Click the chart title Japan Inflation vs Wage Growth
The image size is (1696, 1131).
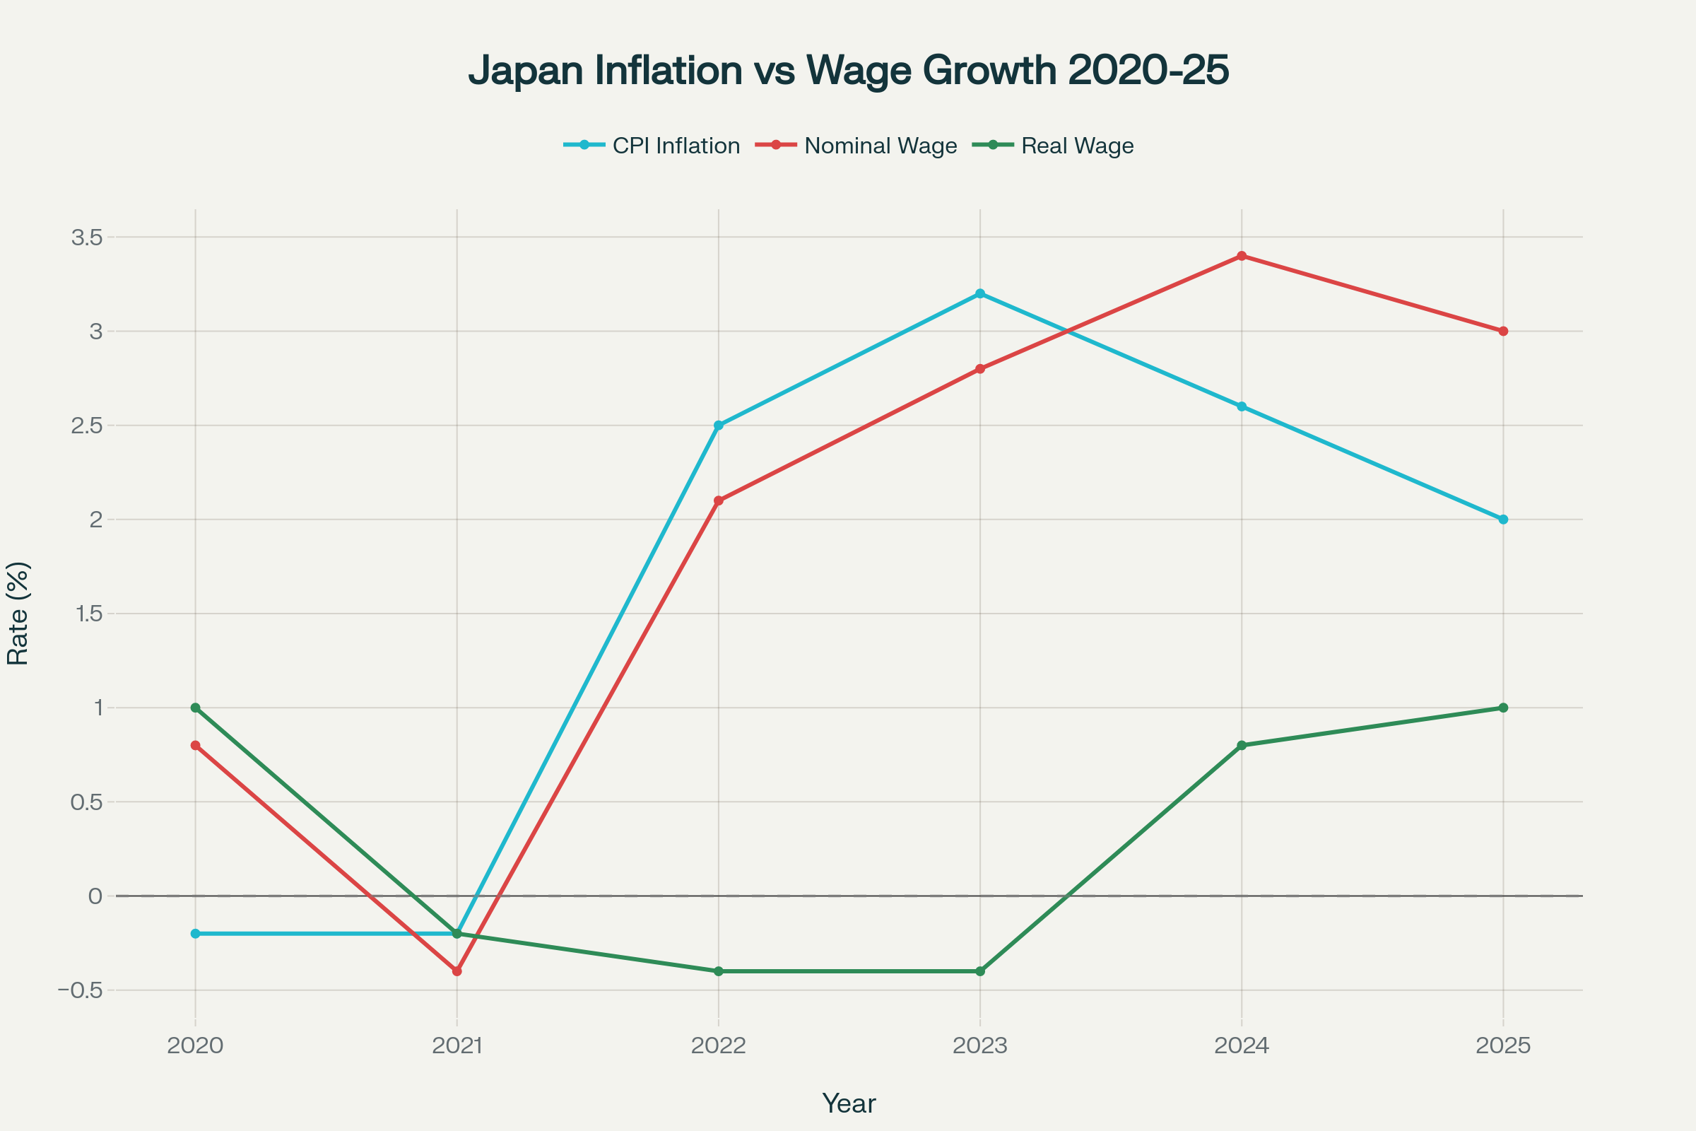click(x=848, y=71)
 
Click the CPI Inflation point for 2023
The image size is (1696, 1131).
click(x=980, y=293)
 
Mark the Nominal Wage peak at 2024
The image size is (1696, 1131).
click(x=1242, y=256)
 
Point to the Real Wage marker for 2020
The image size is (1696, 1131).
click(x=196, y=708)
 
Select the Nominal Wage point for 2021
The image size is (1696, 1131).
click(x=457, y=971)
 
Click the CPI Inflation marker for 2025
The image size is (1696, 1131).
click(x=1504, y=520)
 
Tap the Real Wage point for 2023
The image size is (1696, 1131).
click(x=980, y=971)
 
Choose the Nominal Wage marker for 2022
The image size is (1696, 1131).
click(x=718, y=500)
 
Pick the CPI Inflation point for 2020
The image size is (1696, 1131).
click(x=196, y=933)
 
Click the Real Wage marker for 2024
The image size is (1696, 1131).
click(x=1242, y=745)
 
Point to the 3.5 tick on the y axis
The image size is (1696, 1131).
click(x=86, y=238)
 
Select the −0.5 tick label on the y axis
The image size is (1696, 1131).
click(x=81, y=990)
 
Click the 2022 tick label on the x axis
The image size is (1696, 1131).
click(x=718, y=1046)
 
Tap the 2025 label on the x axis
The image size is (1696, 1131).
click(x=1504, y=1046)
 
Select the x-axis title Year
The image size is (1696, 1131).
click(x=849, y=1103)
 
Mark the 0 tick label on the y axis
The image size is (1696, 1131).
click(x=95, y=896)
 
